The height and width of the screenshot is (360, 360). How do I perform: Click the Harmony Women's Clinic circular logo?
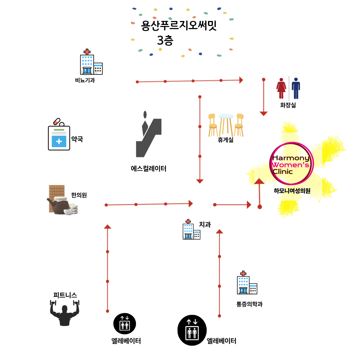click(291, 163)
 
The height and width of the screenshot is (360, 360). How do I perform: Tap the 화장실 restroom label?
click(288, 105)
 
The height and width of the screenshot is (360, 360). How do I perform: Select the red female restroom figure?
click(281, 88)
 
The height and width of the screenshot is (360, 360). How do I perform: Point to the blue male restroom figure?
click(296, 88)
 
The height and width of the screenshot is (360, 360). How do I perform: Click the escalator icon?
click(148, 135)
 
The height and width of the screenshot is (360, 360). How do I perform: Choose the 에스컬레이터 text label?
click(149, 169)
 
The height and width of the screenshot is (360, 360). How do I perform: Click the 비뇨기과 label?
click(85, 80)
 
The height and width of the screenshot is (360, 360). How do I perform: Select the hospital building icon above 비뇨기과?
click(91, 62)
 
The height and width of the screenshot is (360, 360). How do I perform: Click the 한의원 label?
click(79, 195)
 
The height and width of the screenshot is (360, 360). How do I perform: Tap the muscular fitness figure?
click(65, 313)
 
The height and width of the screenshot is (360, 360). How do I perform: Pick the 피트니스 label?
click(65, 295)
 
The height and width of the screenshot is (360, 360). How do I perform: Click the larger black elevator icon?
click(192, 330)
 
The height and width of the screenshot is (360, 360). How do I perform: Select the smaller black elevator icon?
click(125, 323)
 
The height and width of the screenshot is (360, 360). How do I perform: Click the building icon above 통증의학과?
click(247, 283)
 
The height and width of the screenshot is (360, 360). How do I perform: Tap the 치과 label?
click(205, 225)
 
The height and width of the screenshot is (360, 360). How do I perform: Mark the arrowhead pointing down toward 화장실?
click(264, 113)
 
